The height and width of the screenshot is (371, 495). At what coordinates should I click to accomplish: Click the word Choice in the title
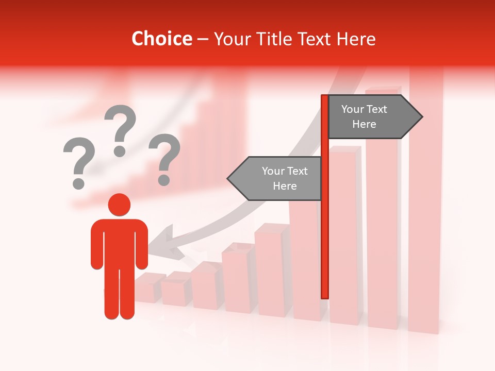[161, 39]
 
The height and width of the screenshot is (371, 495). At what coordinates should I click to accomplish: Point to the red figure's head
[119, 205]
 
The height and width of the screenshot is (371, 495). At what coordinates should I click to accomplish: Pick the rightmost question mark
[164, 159]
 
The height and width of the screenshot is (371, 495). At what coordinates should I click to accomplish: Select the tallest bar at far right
[426, 206]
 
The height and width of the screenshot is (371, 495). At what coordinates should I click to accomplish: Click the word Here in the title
[356, 39]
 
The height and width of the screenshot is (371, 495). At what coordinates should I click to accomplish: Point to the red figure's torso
[119, 242]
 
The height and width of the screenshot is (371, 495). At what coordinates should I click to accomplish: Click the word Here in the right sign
[364, 124]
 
